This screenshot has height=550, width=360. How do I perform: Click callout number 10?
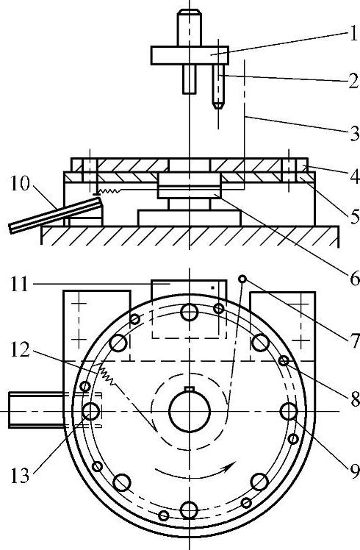20,184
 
